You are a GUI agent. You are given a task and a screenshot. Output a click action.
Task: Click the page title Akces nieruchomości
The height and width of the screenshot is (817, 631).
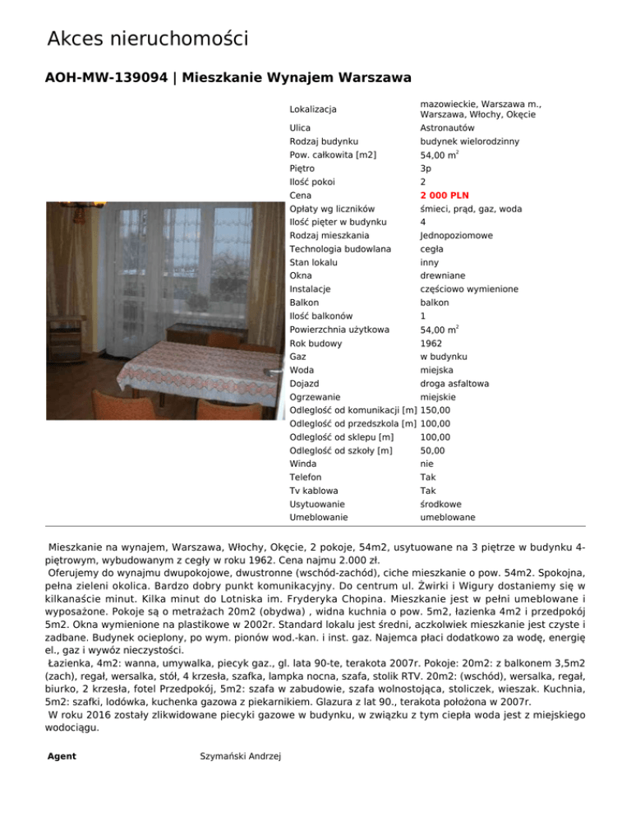click(148, 38)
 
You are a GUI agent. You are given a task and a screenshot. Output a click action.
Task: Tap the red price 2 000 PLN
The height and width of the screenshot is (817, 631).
click(444, 196)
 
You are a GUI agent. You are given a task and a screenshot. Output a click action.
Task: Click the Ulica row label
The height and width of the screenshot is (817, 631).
click(300, 128)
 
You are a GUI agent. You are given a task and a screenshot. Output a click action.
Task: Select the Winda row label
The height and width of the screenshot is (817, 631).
click(303, 464)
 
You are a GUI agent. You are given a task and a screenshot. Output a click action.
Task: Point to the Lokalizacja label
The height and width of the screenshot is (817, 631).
click(314, 108)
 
